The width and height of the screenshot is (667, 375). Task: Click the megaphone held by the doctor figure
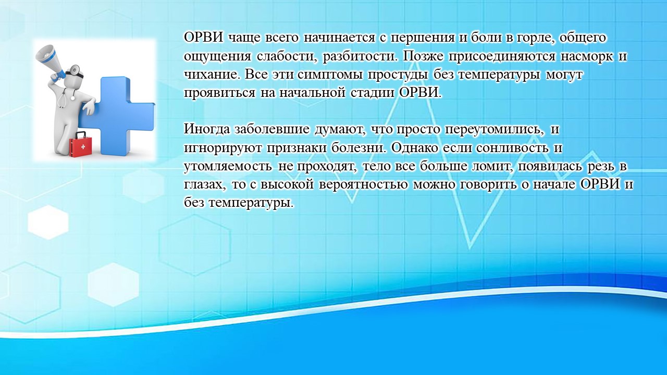50,64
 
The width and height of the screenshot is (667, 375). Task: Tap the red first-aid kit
81,144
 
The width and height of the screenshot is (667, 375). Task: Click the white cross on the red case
83,147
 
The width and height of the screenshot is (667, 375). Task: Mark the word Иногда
207,130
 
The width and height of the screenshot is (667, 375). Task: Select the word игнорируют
223,148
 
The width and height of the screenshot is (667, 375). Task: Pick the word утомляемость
228,166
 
